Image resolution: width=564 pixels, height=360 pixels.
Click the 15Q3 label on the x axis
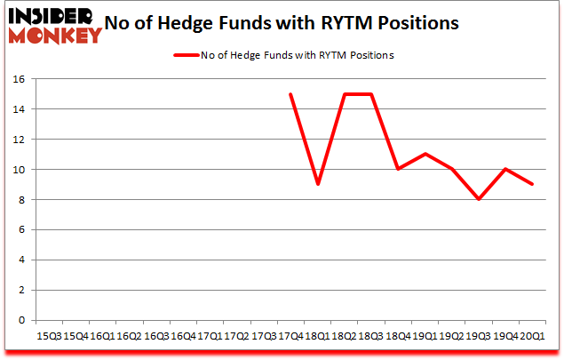click(x=48, y=336)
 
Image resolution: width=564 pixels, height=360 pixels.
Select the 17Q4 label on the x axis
click(x=290, y=336)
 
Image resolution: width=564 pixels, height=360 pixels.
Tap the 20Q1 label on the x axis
click(x=532, y=336)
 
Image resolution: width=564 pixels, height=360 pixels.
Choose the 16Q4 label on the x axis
click(x=183, y=336)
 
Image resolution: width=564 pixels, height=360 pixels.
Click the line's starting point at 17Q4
click(x=290, y=93)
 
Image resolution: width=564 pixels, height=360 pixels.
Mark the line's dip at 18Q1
click(x=317, y=184)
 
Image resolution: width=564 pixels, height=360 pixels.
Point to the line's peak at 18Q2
click(x=345, y=93)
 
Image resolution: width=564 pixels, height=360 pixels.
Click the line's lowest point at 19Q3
click(x=479, y=199)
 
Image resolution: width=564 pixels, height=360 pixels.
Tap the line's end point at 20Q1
click(x=532, y=184)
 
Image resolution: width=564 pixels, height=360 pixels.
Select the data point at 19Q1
click(x=425, y=154)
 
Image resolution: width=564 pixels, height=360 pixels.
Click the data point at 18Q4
click(x=398, y=169)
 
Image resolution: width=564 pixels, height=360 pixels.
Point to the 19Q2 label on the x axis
click(x=452, y=336)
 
